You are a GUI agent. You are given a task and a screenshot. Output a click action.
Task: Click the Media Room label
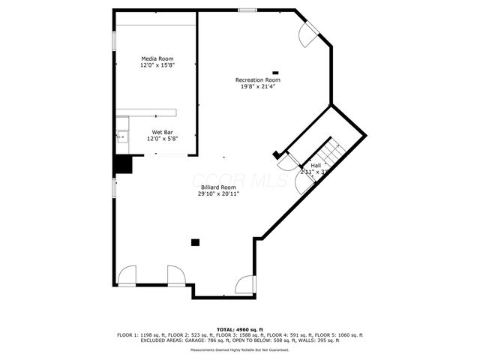[x=157, y=58]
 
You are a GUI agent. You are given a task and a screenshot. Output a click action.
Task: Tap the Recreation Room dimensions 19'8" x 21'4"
[x=257, y=86]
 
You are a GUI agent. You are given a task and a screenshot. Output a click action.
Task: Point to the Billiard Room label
[x=217, y=187]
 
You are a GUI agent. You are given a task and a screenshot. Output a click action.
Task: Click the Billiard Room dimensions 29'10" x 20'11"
[x=217, y=193]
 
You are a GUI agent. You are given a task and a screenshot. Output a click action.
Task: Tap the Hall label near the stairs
[x=316, y=165]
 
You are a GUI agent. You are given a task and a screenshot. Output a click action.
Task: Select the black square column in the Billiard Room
[x=196, y=242]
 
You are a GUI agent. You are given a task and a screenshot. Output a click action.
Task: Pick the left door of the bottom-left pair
[x=127, y=275]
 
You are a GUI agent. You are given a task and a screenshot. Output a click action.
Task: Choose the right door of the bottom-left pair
[x=177, y=275]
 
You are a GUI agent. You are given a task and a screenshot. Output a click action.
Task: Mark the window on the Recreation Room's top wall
[x=247, y=10]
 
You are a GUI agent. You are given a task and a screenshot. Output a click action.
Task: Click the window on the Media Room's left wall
[x=113, y=41]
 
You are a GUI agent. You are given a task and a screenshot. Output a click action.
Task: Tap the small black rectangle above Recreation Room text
[x=275, y=72]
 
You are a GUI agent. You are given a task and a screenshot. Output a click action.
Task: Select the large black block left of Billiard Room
[x=122, y=164]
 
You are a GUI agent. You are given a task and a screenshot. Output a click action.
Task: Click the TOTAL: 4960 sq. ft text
[x=239, y=329]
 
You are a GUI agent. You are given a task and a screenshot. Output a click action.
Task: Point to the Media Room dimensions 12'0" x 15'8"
[x=157, y=65]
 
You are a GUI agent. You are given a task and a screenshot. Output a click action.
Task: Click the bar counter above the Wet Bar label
[x=146, y=112]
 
